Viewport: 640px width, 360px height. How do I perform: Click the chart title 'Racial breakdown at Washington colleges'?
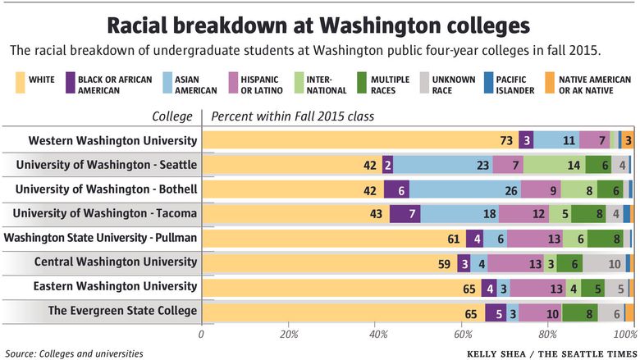320,22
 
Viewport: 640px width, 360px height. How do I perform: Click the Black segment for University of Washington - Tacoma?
405,213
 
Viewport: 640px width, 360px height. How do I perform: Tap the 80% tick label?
547,334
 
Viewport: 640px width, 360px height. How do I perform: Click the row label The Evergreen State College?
122,311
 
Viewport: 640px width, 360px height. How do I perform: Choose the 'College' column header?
172,116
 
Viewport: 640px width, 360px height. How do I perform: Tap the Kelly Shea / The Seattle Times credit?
549,353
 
